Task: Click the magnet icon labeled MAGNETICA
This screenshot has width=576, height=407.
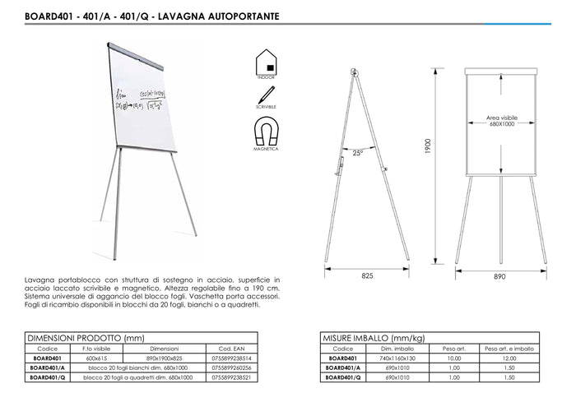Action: pos(265,132)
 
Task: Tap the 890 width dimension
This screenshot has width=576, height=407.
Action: pos(499,277)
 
